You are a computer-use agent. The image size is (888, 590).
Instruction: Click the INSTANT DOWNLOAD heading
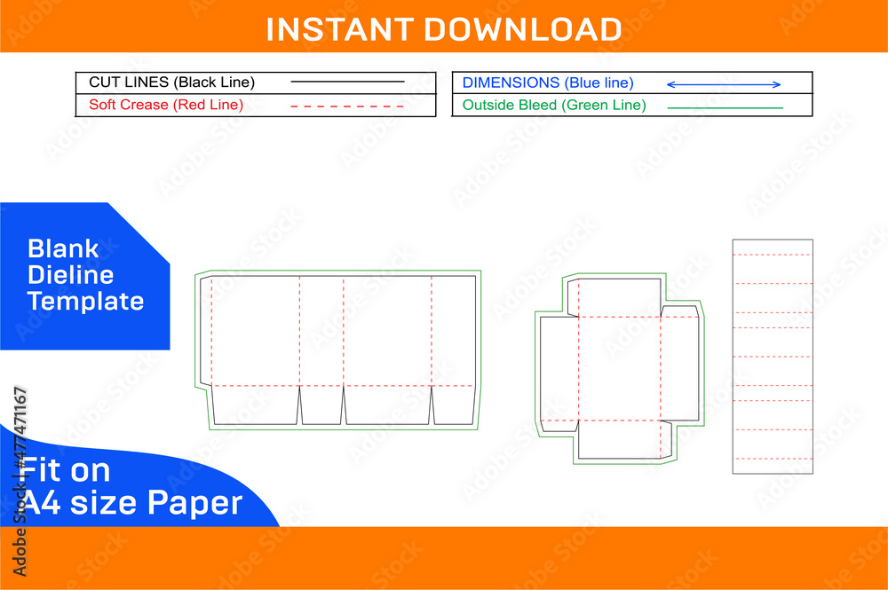click(x=443, y=28)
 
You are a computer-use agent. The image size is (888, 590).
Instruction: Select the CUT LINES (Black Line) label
click(x=171, y=83)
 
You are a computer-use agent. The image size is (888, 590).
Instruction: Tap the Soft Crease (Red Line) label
click(x=166, y=105)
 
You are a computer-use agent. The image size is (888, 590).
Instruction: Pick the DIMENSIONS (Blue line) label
click(x=548, y=83)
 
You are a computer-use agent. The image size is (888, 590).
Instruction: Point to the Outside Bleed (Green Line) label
click(x=554, y=105)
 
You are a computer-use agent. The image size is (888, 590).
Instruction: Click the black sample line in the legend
click(x=347, y=83)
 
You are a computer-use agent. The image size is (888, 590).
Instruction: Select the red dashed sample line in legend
click(x=347, y=106)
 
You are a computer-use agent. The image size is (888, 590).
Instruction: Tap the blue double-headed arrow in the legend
click(x=723, y=84)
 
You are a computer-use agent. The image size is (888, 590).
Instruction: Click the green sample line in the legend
click(x=725, y=107)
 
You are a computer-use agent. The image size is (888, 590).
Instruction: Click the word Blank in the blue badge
click(x=63, y=248)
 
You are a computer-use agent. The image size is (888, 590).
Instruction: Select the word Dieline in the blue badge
click(x=70, y=275)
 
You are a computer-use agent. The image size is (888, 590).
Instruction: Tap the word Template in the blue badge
click(x=85, y=301)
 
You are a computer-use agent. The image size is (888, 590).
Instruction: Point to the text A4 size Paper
click(x=131, y=503)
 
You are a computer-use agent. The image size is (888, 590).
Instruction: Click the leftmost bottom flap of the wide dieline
click(x=256, y=405)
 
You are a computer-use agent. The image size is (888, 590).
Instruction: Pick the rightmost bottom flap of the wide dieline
click(x=452, y=405)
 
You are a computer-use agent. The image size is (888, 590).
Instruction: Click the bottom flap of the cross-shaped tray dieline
click(x=620, y=440)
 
